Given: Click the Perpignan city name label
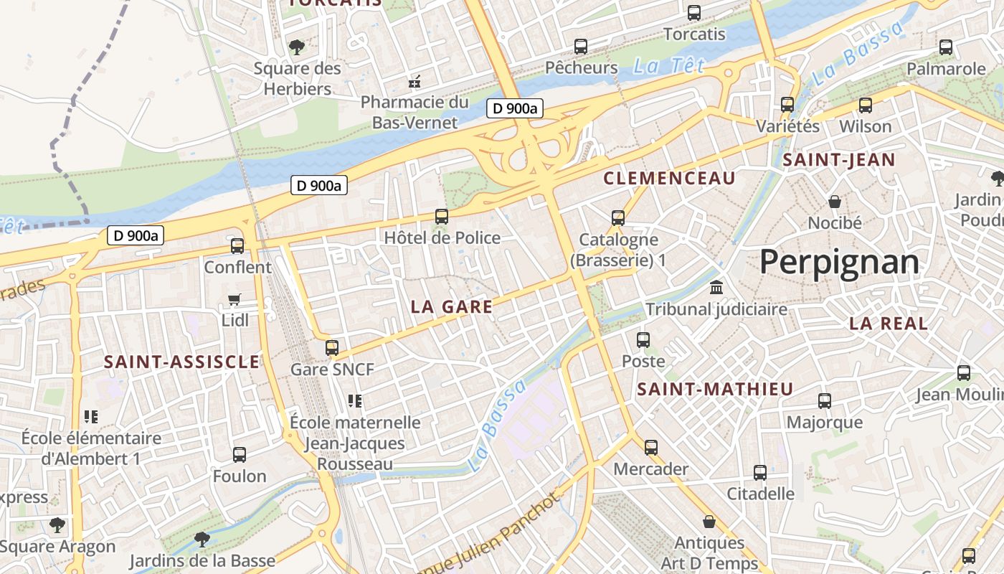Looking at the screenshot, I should point(839,263).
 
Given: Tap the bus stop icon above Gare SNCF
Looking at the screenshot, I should point(331,348).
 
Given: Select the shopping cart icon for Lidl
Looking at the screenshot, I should point(235,299).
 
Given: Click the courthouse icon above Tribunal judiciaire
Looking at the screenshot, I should point(716,288).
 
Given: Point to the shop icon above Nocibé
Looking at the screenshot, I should point(835,202).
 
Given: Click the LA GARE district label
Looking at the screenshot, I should point(452,307).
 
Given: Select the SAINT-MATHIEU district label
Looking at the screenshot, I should point(715,390).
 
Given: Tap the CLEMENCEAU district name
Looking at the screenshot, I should point(670,179).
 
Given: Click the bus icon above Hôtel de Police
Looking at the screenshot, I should point(442,216).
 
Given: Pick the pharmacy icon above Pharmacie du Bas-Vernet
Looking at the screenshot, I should point(414,82).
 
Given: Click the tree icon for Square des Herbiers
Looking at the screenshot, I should point(296,47).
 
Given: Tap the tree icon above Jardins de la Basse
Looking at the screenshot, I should point(202,539).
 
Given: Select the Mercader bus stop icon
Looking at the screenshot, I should point(650,448).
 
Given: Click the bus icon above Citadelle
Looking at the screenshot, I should point(760,473).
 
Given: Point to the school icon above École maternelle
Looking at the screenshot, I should point(355,400).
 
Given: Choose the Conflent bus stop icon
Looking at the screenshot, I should point(237,246).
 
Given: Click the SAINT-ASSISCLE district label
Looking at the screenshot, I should point(181,362).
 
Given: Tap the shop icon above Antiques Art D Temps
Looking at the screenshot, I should point(709,522).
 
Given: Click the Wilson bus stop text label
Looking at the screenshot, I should point(865,126).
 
